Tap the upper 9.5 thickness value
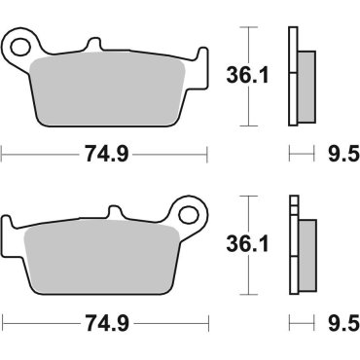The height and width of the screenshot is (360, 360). click(x=338, y=152)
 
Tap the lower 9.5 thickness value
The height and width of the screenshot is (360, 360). click(x=338, y=318)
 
